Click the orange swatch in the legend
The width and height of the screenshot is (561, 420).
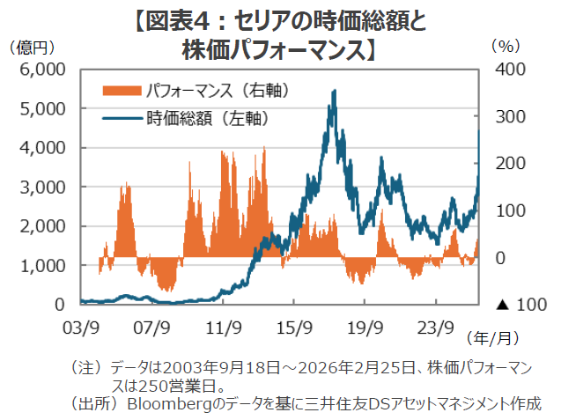pyautogui.click(x=122, y=91)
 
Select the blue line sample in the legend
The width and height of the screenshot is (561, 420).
pyautogui.click(x=122, y=116)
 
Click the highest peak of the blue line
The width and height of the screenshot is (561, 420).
pyautogui.click(x=334, y=91)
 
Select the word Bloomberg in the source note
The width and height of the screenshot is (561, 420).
pyautogui.click(x=167, y=404)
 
